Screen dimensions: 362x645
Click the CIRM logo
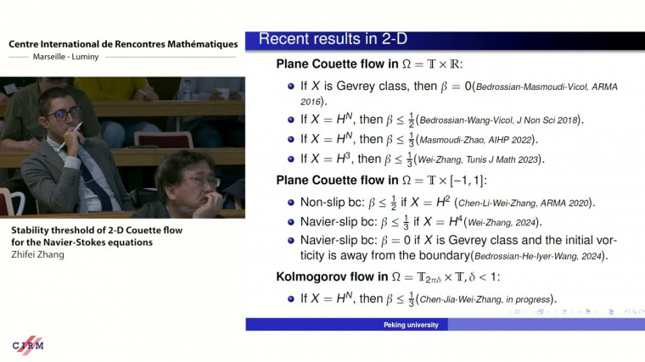tap(28, 345)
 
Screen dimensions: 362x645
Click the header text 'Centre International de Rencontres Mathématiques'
tap(123, 43)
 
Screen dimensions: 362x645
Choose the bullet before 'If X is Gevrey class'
tap(292, 86)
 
